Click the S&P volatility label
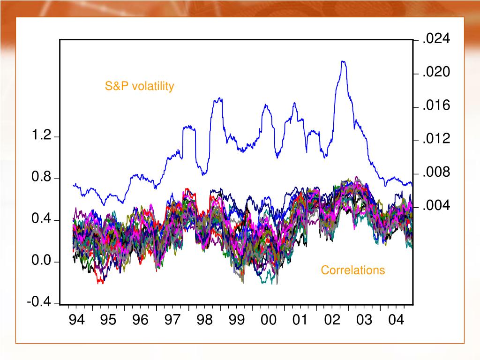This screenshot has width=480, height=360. [x=139, y=86]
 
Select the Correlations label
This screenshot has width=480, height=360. [x=352, y=270]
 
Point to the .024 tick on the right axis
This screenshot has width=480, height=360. [x=436, y=39]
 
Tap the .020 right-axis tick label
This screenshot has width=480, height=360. [x=436, y=73]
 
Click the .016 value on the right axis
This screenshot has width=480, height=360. [x=436, y=106]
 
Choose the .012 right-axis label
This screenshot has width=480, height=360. [x=436, y=139]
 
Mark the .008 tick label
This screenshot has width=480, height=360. [x=436, y=172]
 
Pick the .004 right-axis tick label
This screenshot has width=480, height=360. [x=436, y=206]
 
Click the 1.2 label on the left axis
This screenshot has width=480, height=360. [x=41, y=136]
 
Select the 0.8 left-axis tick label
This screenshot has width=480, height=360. [x=41, y=178]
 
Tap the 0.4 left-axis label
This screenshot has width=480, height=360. [x=41, y=219]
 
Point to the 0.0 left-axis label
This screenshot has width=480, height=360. [x=41, y=261]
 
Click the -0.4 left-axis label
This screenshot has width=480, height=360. [x=39, y=302]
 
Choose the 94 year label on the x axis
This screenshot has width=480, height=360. [x=77, y=321]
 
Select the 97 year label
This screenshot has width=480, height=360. [x=172, y=321]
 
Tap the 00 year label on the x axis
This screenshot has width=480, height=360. [x=269, y=321]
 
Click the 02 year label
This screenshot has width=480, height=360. [x=332, y=321]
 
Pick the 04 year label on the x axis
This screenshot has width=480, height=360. [x=396, y=321]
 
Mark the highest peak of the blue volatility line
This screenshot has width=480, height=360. [x=343, y=61]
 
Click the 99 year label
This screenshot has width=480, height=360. [x=237, y=321]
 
